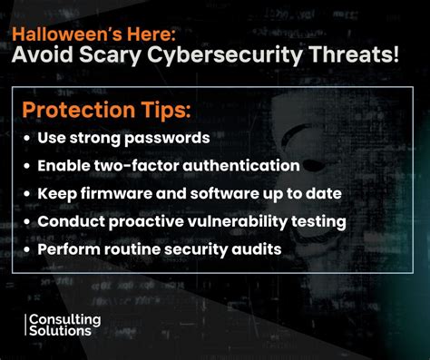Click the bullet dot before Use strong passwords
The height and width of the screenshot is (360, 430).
tap(27, 140)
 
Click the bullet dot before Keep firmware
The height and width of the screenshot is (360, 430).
tap(27, 194)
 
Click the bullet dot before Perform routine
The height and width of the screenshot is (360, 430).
tap(27, 248)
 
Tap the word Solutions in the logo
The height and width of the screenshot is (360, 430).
tap(61, 332)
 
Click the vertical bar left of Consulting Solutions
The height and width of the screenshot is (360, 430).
tap(26, 326)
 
